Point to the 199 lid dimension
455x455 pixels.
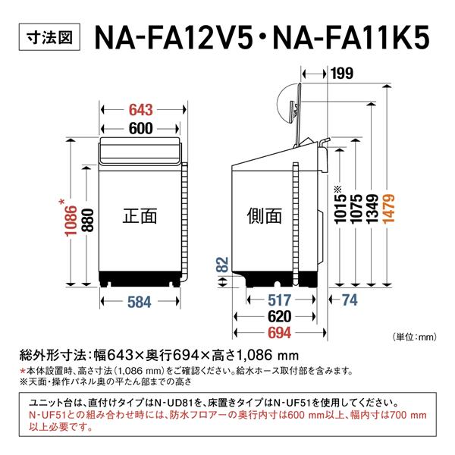coord(342,74)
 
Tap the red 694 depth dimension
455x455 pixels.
coord(275,334)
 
